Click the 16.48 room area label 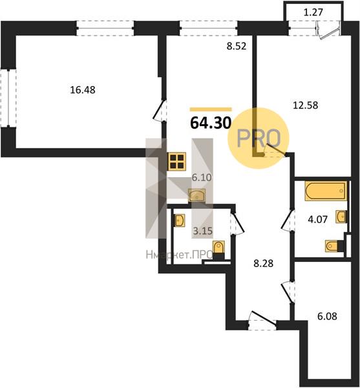tap(83, 90)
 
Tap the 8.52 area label tap(237, 47)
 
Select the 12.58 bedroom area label tap(305, 105)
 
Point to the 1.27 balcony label tap(313, 12)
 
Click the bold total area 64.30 tap(211, 123)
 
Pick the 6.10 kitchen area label tap(202, 177)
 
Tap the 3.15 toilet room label tap(202, 231)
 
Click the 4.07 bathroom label tap(318, 219)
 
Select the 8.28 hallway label tap(264, 263)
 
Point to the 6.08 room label tap(327, 316)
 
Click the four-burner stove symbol tap(177, 161)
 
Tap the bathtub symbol tap(326, 191)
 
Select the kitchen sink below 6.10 tap(197, 195)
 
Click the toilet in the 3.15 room tap(218, 250)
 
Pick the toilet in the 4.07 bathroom tap(334, 246)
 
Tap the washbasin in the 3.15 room tap(180, 221)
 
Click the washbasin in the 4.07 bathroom tap(341, 217)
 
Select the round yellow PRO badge tap(258, 138)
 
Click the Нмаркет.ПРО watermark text tap(179, 255)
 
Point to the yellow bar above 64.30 tap(211, 109)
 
